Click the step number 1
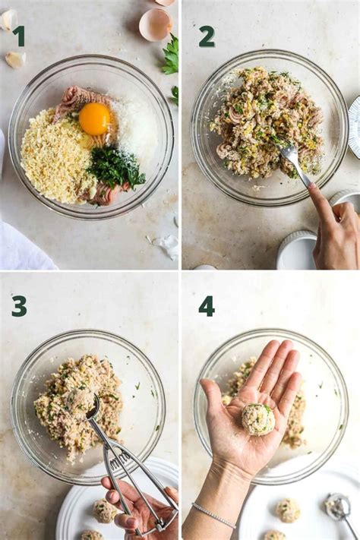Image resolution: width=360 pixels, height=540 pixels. tap(18, 36)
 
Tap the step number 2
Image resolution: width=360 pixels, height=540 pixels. tap(206, 36)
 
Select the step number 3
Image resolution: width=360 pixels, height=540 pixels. tap(19, 306)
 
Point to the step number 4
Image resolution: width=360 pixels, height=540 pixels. tap(206, 306)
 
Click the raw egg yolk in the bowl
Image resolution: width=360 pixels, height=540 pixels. tap(94, 118)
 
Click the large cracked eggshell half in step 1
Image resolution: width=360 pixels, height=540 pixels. tap(155, 25)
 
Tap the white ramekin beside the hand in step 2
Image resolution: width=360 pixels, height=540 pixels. tap(296, 251)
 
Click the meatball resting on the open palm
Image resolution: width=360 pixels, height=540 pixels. tap(258, 418)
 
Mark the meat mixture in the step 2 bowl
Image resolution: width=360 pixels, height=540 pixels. tap(262, 122)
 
